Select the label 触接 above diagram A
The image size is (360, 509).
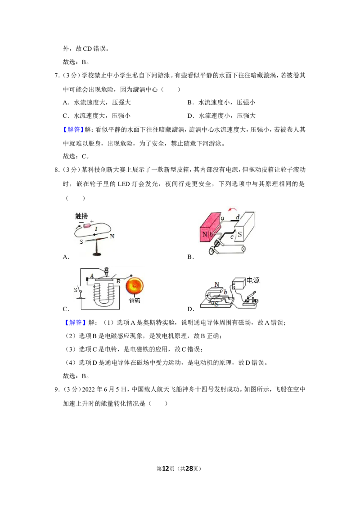pyautogui.click(x=81, y=216)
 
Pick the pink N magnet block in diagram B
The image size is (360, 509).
pyautogui.click(x=210, y=227)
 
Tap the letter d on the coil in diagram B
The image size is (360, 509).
pyautogui.click(x=238, y=217)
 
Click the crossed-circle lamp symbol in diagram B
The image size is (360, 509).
pyautogui.click(x=243, y=249)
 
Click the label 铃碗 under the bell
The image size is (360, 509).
pyautogui.click(x=135, y=301)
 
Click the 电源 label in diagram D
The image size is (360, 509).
pyautogui.click(x=253, y=280)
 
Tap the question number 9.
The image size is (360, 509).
pyautogui.click(x=57, y=389)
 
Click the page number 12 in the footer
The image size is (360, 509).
pyautogui.click(x=166, y=469)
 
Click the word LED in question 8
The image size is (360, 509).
pyautogui.click(x=123, y=184)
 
